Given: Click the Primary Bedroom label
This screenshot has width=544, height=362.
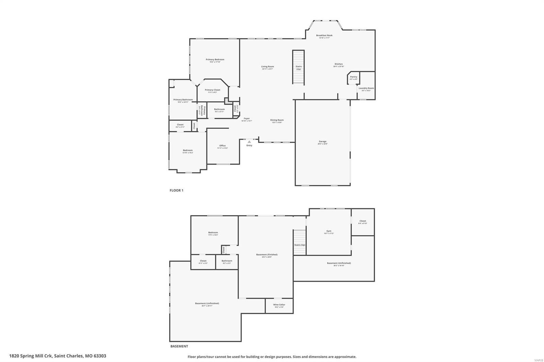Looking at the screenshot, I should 215,60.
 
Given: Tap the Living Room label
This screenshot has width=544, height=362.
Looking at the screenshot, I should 267,67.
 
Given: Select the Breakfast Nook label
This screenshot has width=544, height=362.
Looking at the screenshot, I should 324,36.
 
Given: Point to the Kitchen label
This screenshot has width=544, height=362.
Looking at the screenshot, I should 339,64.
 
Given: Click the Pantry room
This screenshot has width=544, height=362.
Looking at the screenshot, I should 354,78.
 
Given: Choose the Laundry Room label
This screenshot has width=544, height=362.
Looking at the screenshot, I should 366,88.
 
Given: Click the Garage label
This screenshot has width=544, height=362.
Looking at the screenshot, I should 322,142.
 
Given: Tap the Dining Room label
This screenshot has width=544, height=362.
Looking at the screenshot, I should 277,120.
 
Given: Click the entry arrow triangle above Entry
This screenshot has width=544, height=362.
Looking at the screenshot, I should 249,142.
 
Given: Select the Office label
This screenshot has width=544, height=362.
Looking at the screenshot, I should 222,146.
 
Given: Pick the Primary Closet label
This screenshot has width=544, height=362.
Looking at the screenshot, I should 213,90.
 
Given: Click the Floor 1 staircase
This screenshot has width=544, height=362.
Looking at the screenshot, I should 299,67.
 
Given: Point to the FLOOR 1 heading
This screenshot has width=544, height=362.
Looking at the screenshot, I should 176,191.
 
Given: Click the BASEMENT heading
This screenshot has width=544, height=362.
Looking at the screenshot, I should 179,346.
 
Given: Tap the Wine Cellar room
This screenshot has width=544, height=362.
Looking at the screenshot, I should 279,306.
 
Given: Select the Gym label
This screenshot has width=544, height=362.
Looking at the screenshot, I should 329,231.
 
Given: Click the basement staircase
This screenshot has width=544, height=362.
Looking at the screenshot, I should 300,242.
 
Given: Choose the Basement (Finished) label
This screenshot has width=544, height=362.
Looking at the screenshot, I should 267,255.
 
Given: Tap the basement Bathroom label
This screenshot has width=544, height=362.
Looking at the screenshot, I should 227,261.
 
